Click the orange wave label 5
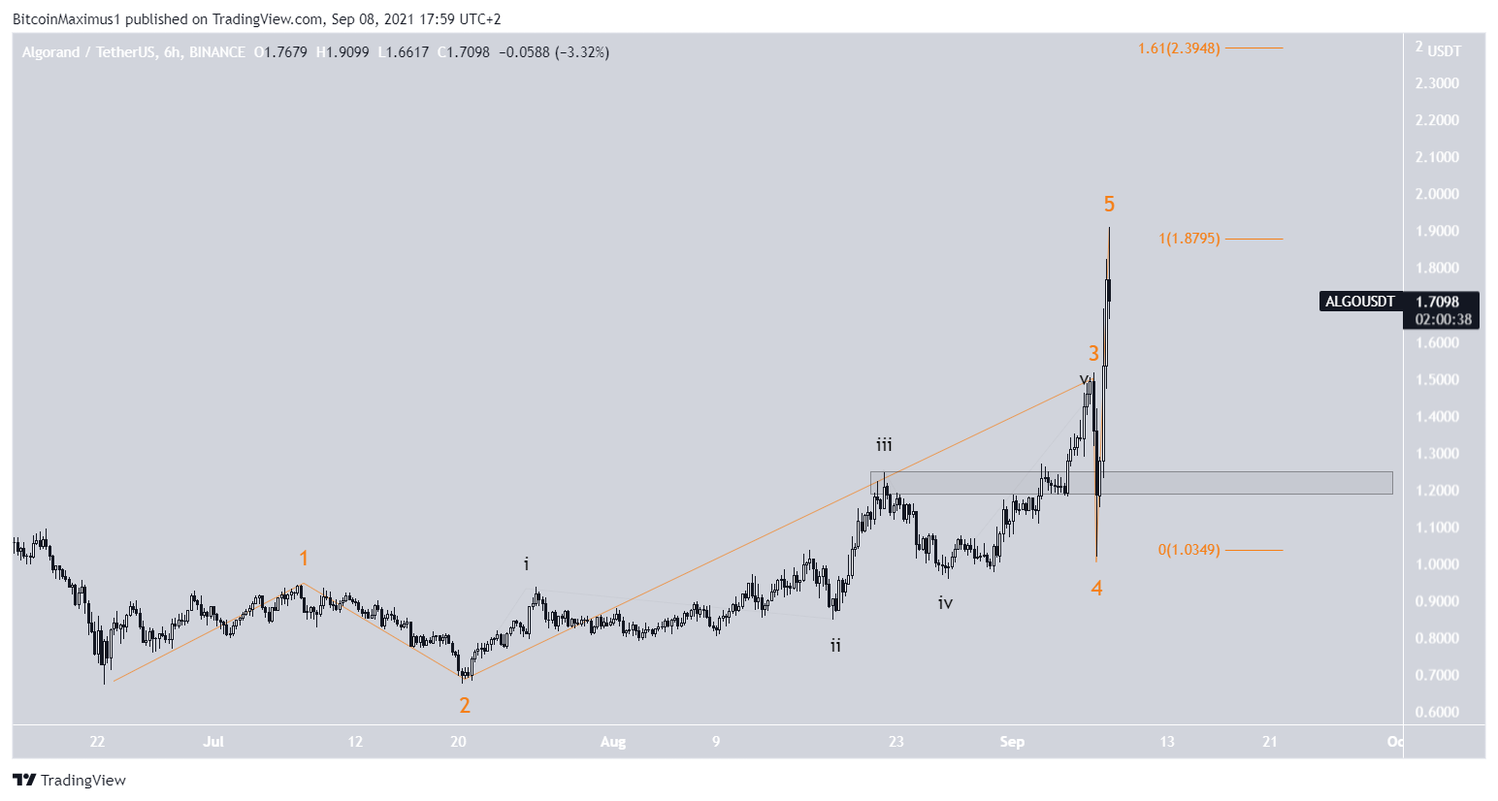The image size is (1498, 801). [1109, 204]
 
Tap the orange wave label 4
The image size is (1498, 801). [1096, 588]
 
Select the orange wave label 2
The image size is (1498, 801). [465, 705]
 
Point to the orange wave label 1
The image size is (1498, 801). [304, 558]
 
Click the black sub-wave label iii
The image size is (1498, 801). [884, 445]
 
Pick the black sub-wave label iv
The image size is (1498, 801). [945, 603]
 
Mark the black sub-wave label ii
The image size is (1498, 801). [835, 645]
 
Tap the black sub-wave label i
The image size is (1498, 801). [527, 563]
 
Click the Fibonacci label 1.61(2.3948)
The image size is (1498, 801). [1179, 48]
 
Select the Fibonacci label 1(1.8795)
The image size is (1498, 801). [1189, 239]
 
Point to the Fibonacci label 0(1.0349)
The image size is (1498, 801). [1189, 550]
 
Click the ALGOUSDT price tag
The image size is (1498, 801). [1360, 302]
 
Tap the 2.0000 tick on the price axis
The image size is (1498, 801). [1437, 194]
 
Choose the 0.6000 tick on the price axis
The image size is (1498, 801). [1437, 712]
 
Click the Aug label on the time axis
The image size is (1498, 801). [613, 742]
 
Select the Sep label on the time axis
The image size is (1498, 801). [1012, 742]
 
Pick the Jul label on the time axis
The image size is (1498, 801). [213, 742]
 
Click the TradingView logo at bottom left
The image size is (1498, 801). [70, 781]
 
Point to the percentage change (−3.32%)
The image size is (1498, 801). [582, 52]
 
